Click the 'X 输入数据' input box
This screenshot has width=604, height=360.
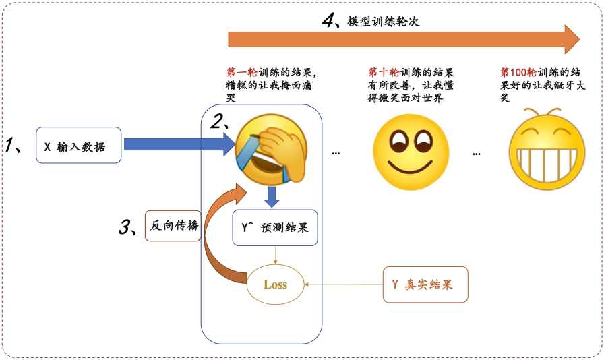tap(78, 146)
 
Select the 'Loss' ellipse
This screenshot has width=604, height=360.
tap(275, 284)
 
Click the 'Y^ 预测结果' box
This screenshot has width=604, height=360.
tap(274, 228)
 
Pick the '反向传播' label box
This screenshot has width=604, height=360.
tap(174, 226)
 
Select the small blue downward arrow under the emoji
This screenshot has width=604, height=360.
tap(272, 198)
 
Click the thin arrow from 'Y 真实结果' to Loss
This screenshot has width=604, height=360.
tap(344, 284)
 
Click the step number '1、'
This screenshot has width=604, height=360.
tap(15, 145)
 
